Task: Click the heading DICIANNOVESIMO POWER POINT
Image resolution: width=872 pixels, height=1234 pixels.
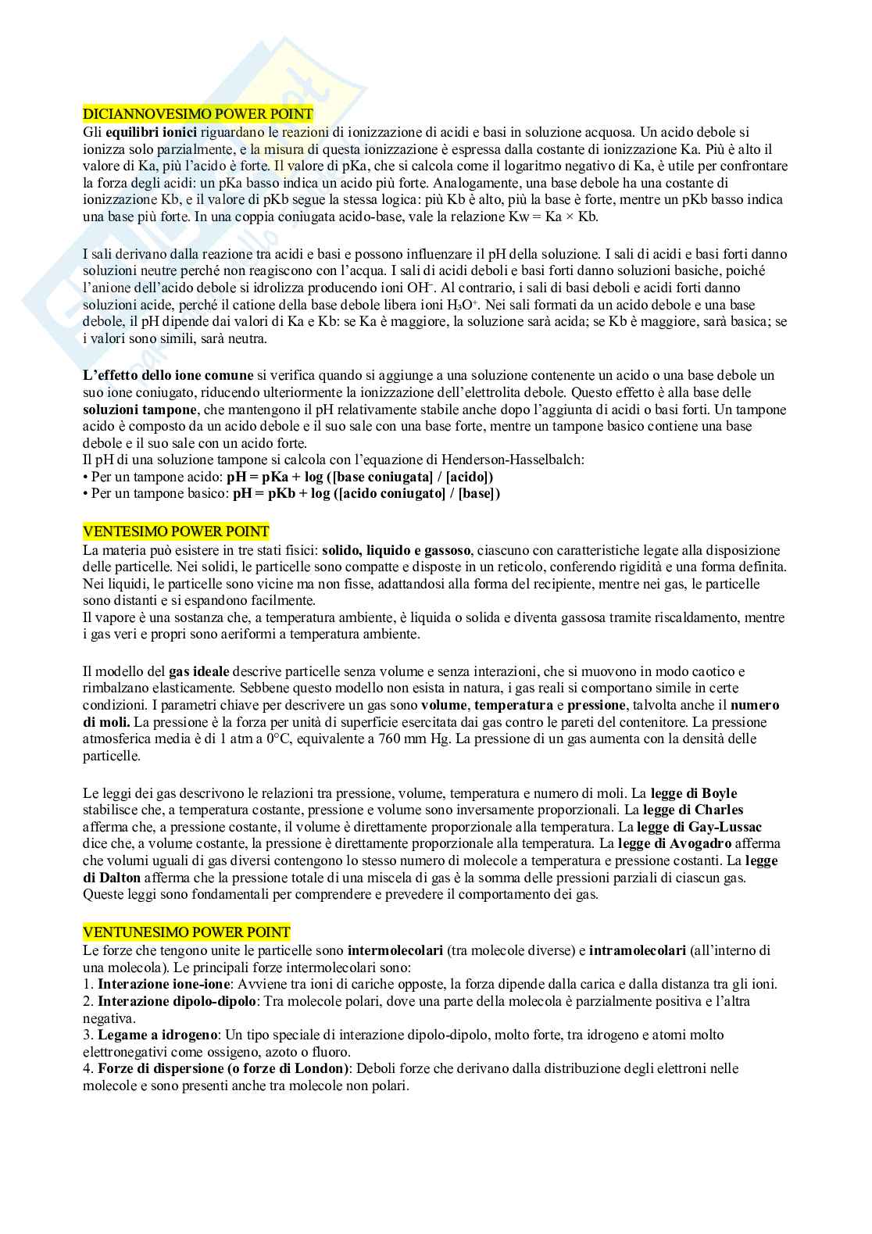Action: [x=198, y=114]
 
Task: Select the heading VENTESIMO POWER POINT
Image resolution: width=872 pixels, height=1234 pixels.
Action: [x=176, y=531]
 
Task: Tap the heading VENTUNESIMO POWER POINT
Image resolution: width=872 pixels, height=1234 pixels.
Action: [x=186, y=932]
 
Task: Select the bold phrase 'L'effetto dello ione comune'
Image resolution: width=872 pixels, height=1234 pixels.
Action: [x=168, y=375]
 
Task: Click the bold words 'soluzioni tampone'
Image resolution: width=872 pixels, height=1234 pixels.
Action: [x=139, y=410]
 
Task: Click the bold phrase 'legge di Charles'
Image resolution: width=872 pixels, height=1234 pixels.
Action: [x=693, y=810]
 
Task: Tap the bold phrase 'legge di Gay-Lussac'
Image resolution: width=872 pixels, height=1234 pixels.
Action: [x=699, y=827]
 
